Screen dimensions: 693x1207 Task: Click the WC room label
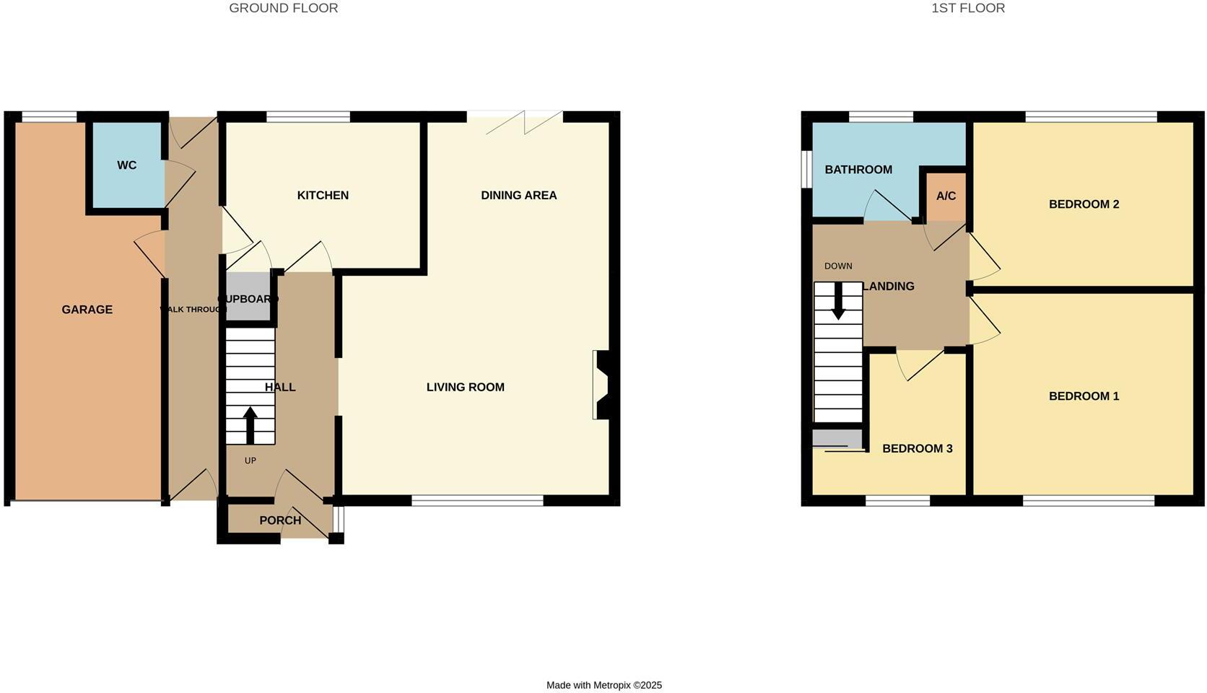(126, 165)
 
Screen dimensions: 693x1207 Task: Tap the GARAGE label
(87, 310)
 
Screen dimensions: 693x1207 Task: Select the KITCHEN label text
(323, 196)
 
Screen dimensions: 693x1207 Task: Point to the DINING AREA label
(518, 196)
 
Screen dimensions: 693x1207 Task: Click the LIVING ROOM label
(465, 388)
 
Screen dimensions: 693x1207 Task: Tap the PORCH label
(280, 520)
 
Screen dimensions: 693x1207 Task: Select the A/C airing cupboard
(946, 196)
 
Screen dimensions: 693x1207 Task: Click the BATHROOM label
(858, 170)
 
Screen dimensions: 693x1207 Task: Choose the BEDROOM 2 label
(1084, 204)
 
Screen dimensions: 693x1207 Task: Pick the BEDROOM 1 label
(1084, 396)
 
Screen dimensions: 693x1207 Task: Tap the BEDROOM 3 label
(917, 449)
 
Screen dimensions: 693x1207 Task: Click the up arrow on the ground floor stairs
(250, 425)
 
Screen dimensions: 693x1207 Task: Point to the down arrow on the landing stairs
(838, 300)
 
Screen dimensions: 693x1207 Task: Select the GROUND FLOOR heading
(283, 9)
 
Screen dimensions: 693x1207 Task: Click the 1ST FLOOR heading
(968, 9)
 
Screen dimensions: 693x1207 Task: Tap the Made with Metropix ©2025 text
(603, 685)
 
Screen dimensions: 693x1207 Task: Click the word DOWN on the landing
(838, 266)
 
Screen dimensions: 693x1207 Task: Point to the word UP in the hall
(250, 461)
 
